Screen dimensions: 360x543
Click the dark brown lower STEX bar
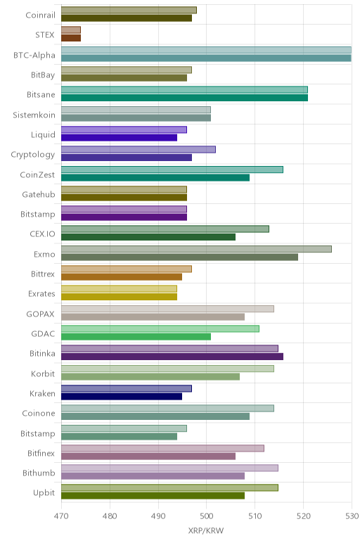click(71, 38)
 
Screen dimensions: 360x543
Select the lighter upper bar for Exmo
click(196, 249)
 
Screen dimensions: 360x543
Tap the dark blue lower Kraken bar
click(122, 397)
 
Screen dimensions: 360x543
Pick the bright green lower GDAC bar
click(136, 337)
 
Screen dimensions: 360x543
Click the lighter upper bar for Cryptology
click(139, 149)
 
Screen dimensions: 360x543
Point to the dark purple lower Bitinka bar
click(172, 357)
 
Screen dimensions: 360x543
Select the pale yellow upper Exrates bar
click(119, 289)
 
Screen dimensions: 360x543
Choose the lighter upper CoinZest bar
click(172, 170)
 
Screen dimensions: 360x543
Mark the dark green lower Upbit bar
click(153, 496)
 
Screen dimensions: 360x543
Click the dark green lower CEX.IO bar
click(148, 237)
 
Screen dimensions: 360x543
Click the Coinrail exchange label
click(40, 15)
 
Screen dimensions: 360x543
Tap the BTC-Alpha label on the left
click(34, 56)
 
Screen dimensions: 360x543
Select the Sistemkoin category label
click(34, 115)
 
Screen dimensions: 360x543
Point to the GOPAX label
click(41, 314)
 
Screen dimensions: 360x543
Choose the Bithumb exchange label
click(39, 473)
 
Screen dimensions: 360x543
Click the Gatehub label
click(39, 195)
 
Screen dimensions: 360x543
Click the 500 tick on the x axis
click(206, 516)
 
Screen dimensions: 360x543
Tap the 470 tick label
click(61, 516)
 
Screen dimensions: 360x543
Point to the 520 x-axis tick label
click(303, 516)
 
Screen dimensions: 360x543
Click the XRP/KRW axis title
click(206, 530)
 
